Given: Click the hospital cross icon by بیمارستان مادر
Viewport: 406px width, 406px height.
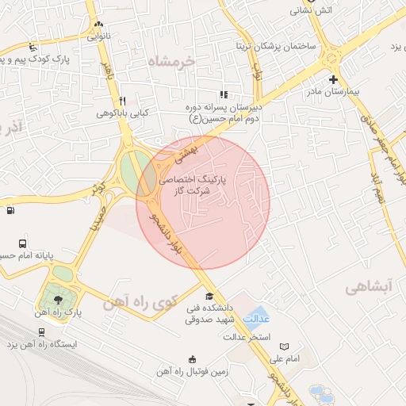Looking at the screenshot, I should (333, 79).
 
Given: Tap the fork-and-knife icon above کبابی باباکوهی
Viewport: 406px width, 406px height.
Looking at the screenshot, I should (122, 101).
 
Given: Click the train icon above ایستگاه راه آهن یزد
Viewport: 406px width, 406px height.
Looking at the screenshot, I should (40, 332).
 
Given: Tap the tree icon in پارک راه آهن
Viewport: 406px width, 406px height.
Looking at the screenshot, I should (58, 300).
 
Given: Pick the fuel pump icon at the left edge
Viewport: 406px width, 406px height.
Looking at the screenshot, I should (10, 210).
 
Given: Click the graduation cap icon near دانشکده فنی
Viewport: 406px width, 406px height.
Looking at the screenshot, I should (209, 295).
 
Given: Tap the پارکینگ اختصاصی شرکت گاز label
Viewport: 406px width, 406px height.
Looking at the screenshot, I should (193, 186).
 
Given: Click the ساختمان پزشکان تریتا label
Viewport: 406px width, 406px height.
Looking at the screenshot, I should (274, 47).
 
